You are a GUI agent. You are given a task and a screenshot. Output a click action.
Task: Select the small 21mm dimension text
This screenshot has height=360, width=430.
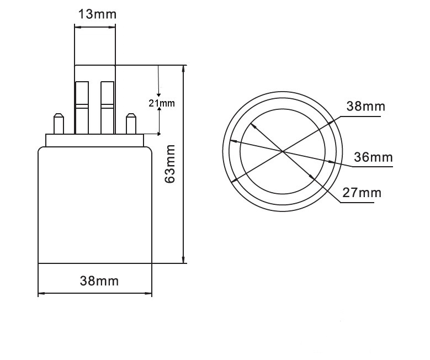coord(161,103)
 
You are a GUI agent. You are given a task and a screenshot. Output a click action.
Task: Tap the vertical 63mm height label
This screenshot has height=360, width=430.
coord(171,163)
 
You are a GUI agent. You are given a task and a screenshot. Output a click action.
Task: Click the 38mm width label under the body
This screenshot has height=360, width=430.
coord(99,281)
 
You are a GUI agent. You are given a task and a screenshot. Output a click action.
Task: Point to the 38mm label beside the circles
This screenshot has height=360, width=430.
coord(366,106)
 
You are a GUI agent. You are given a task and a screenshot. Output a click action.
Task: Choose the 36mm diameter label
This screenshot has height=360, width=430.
coord(374,157)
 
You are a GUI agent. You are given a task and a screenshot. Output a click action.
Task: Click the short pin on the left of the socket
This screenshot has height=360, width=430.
coord(58,124)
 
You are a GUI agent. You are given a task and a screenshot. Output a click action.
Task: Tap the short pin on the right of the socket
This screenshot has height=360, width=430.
coord(131,124)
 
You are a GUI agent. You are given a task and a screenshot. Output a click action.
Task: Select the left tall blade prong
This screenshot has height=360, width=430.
coord(81,108)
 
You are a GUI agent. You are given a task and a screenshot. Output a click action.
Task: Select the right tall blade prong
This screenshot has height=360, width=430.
coord(107,108)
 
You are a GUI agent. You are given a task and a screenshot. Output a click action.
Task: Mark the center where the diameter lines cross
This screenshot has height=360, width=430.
coord(282,151)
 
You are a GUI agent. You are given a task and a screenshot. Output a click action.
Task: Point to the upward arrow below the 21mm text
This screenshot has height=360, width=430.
coord(160,111)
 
